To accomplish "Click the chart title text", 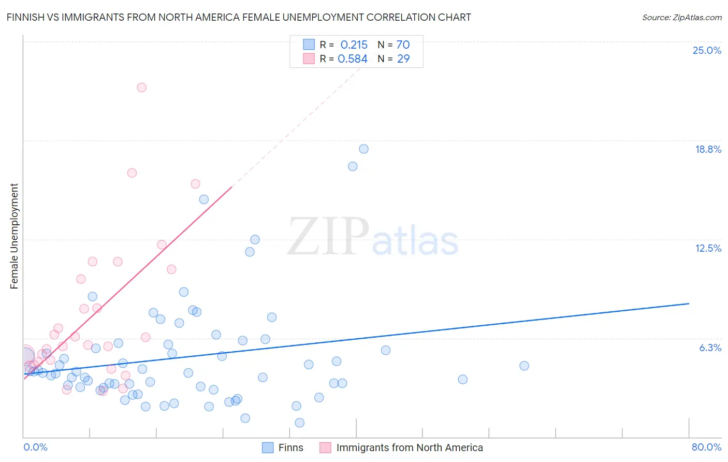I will [239, 17].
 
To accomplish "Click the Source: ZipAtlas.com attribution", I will [681, 17].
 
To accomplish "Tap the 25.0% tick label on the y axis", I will [707, 50].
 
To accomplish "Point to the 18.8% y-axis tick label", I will [708, 149].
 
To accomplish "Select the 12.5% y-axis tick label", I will [708, 248].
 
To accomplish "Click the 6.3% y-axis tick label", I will [710, 348].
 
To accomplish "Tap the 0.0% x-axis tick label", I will [35, 447].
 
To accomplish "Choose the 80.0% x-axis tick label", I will [706, 447].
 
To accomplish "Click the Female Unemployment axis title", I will [14, 236].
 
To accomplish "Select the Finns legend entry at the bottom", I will [283, 447].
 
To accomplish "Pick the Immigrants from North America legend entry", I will [401, 447].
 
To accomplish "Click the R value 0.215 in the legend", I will [354, 45].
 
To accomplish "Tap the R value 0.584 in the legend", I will [353, 59].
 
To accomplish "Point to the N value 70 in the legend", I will [403, 45].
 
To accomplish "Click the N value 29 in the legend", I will [403, 59].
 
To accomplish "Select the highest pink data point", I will [141, 88].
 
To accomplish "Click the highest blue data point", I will [363, 149].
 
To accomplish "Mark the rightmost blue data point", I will [524, 366].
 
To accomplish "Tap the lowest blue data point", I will [299, 423].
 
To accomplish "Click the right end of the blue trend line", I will [689, 304].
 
